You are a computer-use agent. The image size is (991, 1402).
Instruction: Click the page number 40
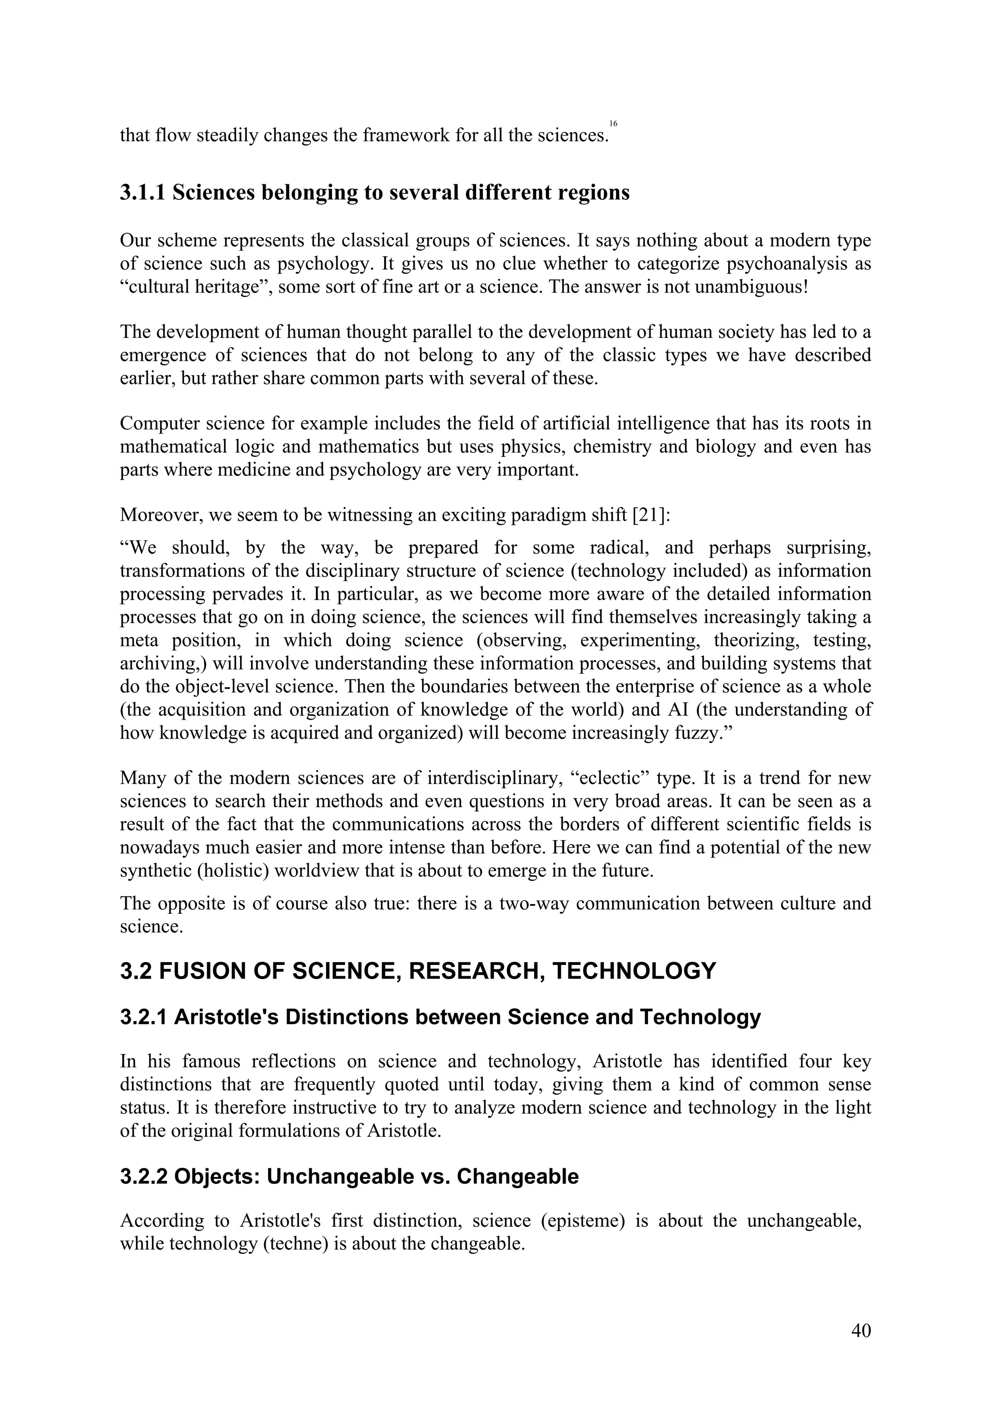coord(860,1330)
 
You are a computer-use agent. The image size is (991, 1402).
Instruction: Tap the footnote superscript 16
coord(613,124)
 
